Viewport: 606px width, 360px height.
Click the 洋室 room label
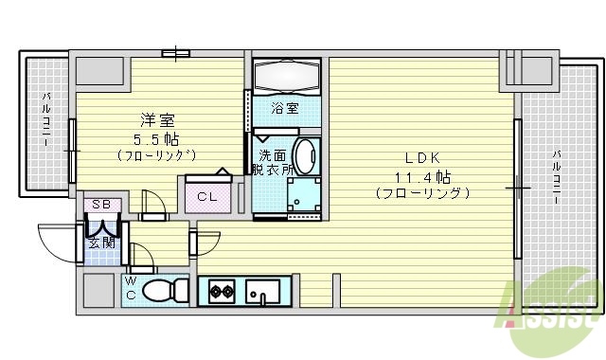click(157, 120)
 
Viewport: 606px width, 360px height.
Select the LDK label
click(421, 158)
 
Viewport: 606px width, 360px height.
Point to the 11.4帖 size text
click(422, 176)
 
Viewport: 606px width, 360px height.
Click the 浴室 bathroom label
click(284, 108)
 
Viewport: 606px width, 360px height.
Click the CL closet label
click(207, 197)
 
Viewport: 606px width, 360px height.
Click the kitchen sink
click(260, 291)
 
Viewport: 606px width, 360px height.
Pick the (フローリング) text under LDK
click(422, 193)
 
